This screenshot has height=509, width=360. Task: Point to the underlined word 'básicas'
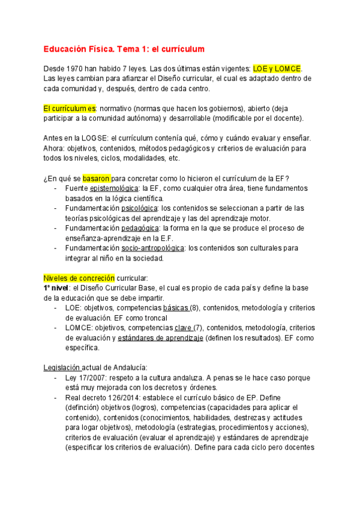click(x=176, y=308)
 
